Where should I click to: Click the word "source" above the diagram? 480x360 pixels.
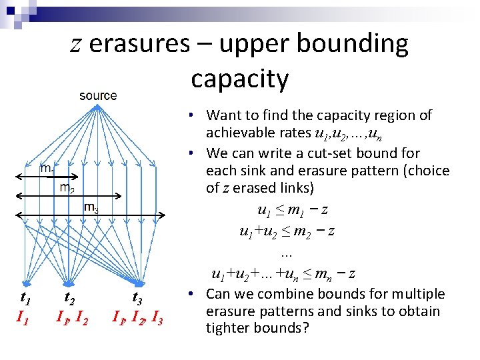(x=98, y=95)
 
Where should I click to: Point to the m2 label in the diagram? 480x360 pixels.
(x=67, y=189)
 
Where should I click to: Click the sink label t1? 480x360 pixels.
(x=25, y=297)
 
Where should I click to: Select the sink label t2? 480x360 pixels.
(x=69, y=297)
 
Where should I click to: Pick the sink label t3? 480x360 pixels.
(x=137, y=297)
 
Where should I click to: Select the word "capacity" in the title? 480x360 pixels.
(x=239, y=79)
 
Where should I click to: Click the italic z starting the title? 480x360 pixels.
(x=77, y=45)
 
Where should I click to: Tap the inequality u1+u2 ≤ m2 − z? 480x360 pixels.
(x=287, y=231)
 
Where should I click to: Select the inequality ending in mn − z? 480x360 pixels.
(x=283, y=273)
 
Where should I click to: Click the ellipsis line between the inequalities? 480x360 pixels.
(x=287, y=253)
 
